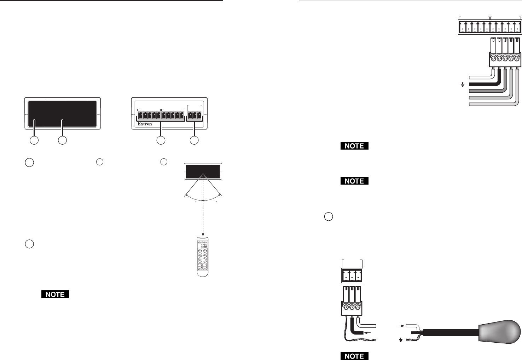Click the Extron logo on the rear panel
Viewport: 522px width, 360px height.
145,124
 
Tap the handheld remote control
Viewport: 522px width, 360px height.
203,257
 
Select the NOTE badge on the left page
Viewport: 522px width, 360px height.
55,294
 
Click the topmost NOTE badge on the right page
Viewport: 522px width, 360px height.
354,146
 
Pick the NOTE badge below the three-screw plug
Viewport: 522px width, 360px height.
354,356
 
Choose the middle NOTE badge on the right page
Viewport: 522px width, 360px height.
354,181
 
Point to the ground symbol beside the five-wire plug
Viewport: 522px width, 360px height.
462,85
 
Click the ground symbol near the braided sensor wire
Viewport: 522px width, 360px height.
401,340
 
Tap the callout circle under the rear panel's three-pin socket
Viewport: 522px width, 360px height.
194,140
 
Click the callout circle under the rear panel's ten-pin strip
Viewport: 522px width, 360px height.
161,140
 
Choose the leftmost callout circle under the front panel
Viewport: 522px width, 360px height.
34,140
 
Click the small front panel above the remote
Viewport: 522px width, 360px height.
203,171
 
